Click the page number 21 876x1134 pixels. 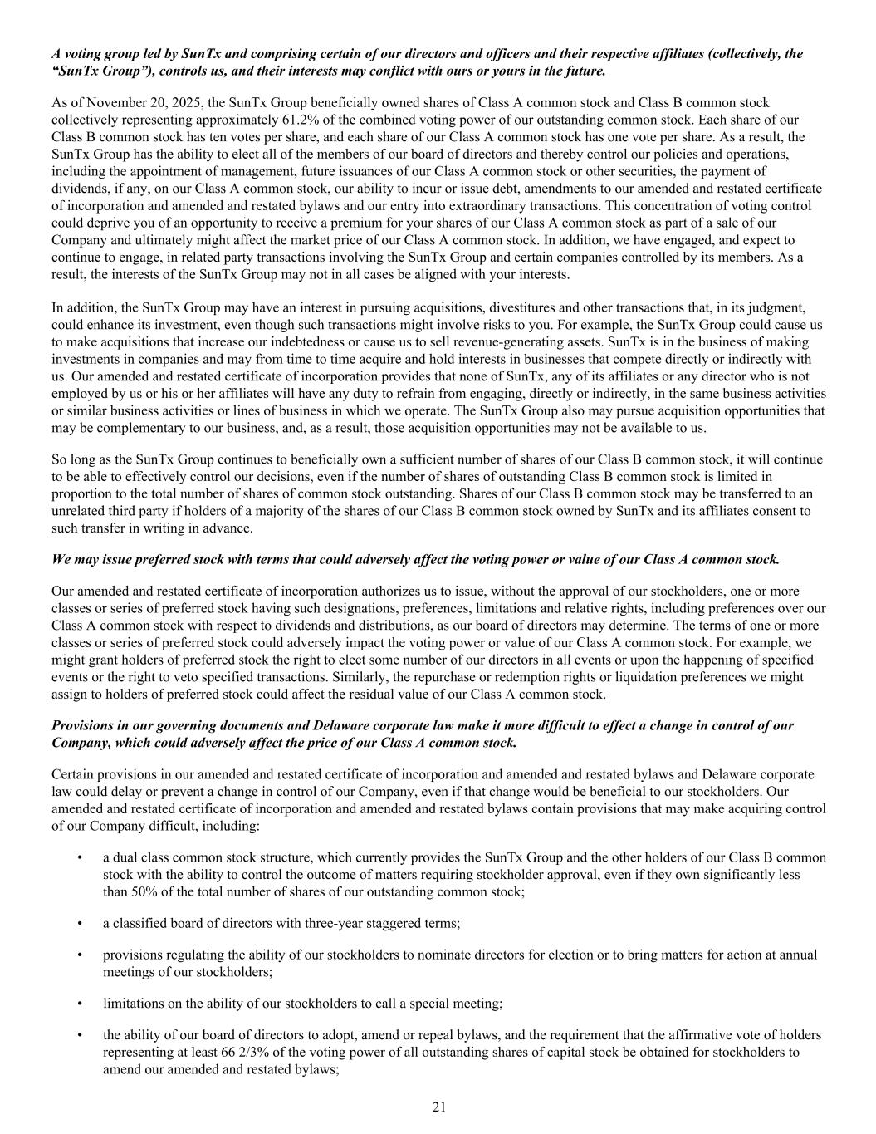(x=439, y=1106)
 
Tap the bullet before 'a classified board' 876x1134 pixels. (x=79, y=923)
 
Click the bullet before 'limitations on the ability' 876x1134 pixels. (x=79, y=1003)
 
